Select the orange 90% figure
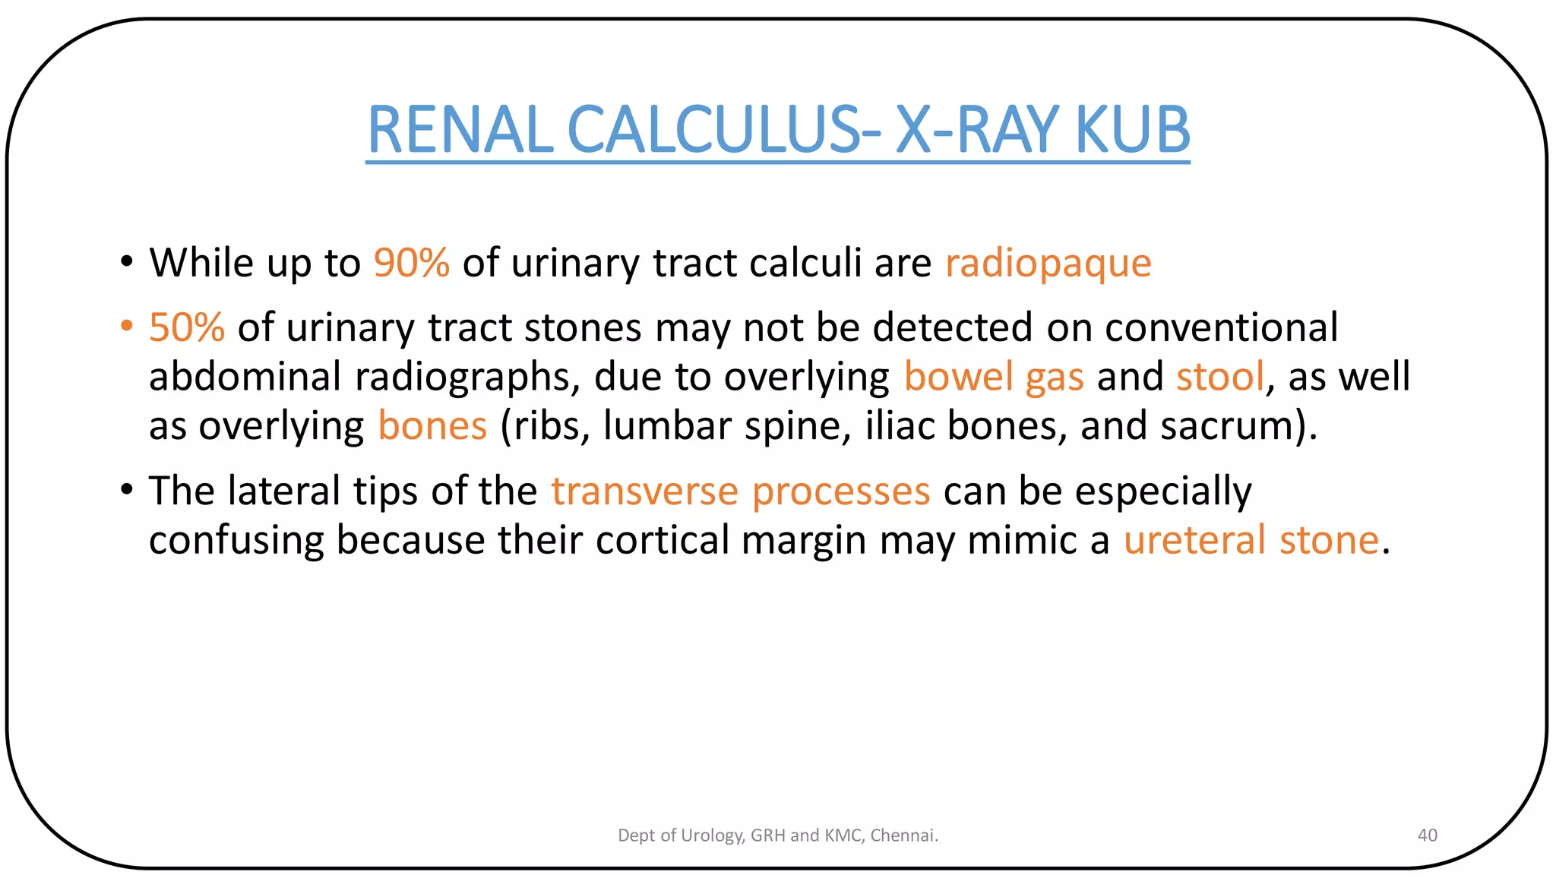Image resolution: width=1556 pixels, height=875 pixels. (x=411, y=264)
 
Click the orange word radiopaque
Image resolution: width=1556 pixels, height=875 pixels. (x=1048, y=264)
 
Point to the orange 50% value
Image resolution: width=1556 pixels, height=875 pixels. (x=187, y=328)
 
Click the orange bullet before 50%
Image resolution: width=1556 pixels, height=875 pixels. (x=126, y=327)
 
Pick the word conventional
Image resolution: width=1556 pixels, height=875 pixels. (x=1221, y=328)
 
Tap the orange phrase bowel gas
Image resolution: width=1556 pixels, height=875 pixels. (x=993, y=377)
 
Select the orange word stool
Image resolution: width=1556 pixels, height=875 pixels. (x=1220, y=377)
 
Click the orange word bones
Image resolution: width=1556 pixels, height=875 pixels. (x=432, y=426)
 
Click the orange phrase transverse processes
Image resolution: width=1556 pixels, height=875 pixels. (x=740, y=491)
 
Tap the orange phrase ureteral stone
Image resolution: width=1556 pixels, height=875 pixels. (x=1251, y=541)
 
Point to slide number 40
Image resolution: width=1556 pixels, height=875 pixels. (x=1427, y=836)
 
